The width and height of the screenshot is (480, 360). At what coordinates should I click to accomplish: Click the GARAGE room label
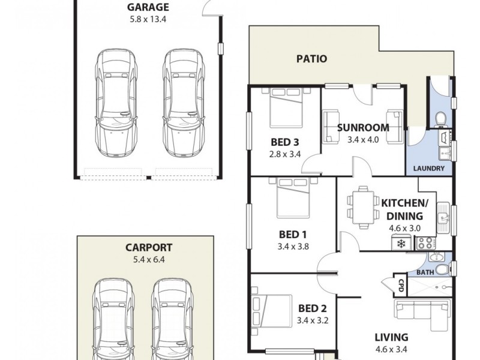point(148,7)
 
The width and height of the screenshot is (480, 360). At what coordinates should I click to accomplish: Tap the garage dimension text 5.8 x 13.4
point(148,19)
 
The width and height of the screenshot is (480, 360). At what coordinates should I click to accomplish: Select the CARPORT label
point(149,247)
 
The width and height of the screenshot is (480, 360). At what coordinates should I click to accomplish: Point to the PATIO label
point(312,59)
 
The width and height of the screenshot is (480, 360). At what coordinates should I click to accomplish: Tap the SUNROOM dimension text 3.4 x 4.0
point(362,139)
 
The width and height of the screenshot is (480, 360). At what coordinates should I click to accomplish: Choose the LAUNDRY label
point(429,169)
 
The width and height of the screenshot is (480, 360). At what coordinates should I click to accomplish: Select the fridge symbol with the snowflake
point(400,244)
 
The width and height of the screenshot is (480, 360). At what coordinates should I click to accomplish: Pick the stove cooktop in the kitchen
point(425,243)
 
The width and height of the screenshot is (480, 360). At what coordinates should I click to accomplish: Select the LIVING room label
point(391,337)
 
